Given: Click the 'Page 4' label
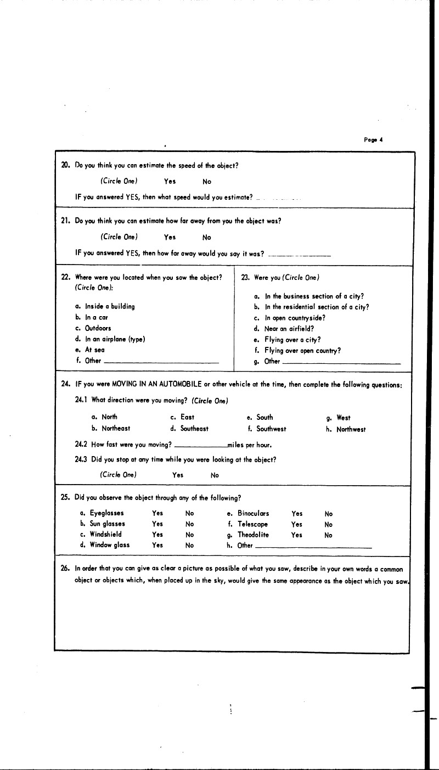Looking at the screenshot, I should click(x=373, y=139).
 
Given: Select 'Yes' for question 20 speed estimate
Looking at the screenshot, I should click(x=170, y=182).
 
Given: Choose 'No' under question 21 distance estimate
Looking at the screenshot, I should click(x=207, y=238).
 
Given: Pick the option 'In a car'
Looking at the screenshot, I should click(x=95, y=317).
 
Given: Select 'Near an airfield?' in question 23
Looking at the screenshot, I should click(x=289, y=329).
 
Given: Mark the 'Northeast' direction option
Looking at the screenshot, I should click(x=115, y=429).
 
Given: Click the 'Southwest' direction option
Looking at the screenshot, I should click(x=271, y=429).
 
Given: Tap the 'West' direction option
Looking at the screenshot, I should click(x=344, y=417).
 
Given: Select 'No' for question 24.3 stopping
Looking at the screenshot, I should click(x=215, y=475).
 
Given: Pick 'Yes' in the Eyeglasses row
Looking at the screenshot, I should click(x=157, y=514).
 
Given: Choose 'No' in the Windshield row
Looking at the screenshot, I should click(x=190, y=534).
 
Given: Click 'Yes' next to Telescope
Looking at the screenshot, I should click(x=297, y=524).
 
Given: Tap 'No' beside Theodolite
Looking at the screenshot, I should click(x=329, y=535).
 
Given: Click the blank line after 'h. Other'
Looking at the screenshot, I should click(x=313, y=548).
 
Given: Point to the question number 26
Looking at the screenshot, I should click(x=64, y=569).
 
